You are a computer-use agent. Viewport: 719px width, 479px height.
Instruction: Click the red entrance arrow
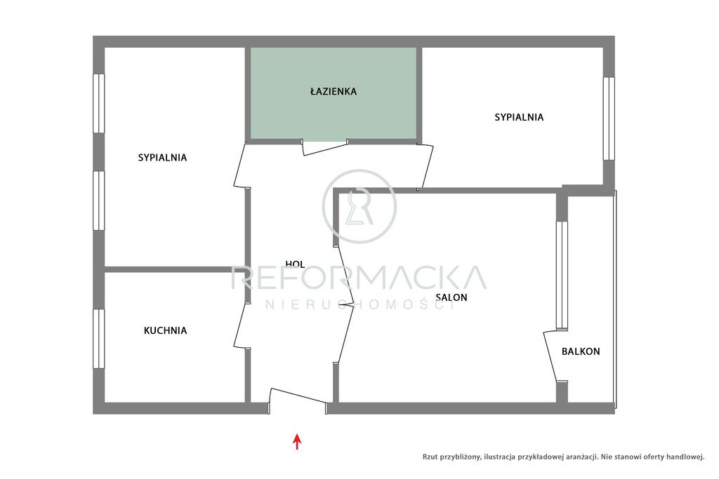click(x=297, y=441)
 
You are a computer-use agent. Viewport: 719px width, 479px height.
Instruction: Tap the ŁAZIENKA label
click(x=334, y=91)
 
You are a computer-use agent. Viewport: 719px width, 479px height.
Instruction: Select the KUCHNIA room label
click(x=165, y=330)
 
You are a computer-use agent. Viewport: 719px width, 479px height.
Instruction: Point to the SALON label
click(x=451, y=297)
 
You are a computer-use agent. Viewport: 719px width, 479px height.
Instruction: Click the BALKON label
click(x=581, y=351)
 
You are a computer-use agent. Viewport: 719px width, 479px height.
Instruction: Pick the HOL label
click(x=295, y=264)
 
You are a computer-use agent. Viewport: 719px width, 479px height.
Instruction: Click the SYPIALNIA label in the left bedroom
click(x=162, y=158)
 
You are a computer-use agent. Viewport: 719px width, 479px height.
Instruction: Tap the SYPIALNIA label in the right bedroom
click(x=519, y=117)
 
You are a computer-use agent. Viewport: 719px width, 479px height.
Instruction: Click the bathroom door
click(x=324, y=148)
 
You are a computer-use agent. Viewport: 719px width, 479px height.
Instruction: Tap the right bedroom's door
click(x=426, y=166)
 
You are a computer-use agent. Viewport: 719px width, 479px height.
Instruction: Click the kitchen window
click(x=98, y=339)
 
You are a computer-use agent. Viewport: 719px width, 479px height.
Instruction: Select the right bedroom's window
click(x=609, y=119)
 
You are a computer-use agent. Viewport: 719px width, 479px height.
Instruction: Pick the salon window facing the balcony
click(x=562, y=276)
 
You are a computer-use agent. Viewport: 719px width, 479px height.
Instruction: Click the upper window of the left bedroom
click(x=98, y=104)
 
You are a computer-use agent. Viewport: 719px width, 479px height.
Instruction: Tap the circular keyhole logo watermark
click(x=359, y=206)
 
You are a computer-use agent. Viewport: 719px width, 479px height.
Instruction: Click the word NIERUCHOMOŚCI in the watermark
click(x=359, y=304)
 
